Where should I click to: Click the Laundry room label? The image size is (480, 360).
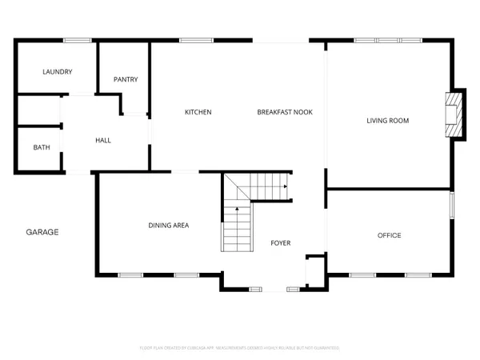(57, 72)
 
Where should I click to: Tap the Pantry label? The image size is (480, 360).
(126, 79)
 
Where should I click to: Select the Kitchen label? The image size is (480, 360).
(198, 112)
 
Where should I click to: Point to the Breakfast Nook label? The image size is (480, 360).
(284, 112)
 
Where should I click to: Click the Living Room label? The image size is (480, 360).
(387, 121)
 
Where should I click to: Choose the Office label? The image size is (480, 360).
(389, 235)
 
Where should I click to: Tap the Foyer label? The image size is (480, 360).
(280, 242)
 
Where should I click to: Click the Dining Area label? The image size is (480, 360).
(168, 226)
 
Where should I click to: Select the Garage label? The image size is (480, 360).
(42, 232)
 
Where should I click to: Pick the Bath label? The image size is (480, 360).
(41, 147)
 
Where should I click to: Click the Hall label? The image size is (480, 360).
(103, 141)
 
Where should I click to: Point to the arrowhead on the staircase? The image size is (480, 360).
(284, 186)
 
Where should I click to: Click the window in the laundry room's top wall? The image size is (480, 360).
(77, 40)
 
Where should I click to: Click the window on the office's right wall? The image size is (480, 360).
(451, 205)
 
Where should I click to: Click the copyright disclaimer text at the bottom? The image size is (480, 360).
(239, 348)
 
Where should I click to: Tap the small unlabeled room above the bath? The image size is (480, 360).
(38, 110)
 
